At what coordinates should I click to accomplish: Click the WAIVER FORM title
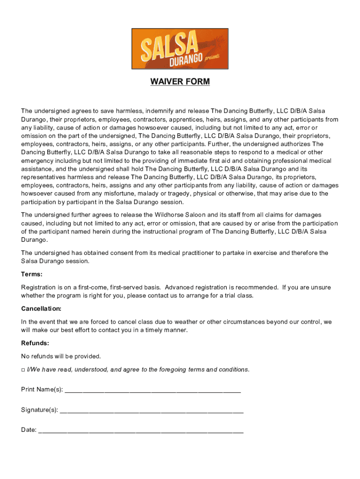(180, 82)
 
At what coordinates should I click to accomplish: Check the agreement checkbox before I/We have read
(23, 370)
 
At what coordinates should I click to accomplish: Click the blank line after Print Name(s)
(152, 390)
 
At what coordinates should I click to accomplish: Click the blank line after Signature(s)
(151, 410)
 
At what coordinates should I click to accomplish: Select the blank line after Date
(141, 430)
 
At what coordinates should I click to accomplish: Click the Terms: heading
(32, 274)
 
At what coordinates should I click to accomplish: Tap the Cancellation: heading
(41, 309)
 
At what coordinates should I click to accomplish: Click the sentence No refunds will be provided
(61, 356)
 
